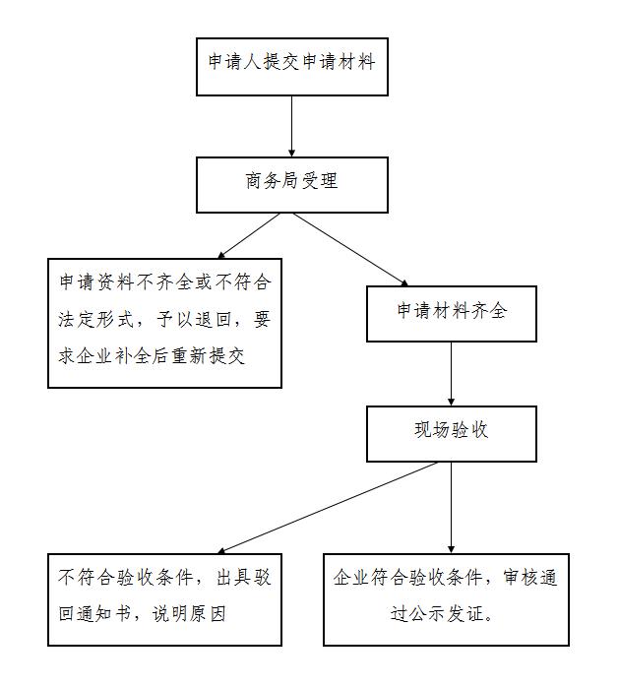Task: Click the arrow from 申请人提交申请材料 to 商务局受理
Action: point(291,126)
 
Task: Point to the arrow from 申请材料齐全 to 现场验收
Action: point(452,374)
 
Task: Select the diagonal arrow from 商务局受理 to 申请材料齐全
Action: point(350,250)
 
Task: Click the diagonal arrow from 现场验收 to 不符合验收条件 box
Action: point(328,508)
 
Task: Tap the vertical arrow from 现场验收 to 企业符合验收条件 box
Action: point(452,508)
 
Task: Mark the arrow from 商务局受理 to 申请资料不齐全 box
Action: point(248,235)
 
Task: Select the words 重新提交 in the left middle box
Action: point(208,355)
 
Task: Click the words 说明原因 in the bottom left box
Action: point(189,613)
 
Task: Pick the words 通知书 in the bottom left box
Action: point(104,613)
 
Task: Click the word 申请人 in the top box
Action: point(235,61)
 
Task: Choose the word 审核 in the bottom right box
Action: point(522,578)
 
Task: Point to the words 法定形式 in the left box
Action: point(95,320)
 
